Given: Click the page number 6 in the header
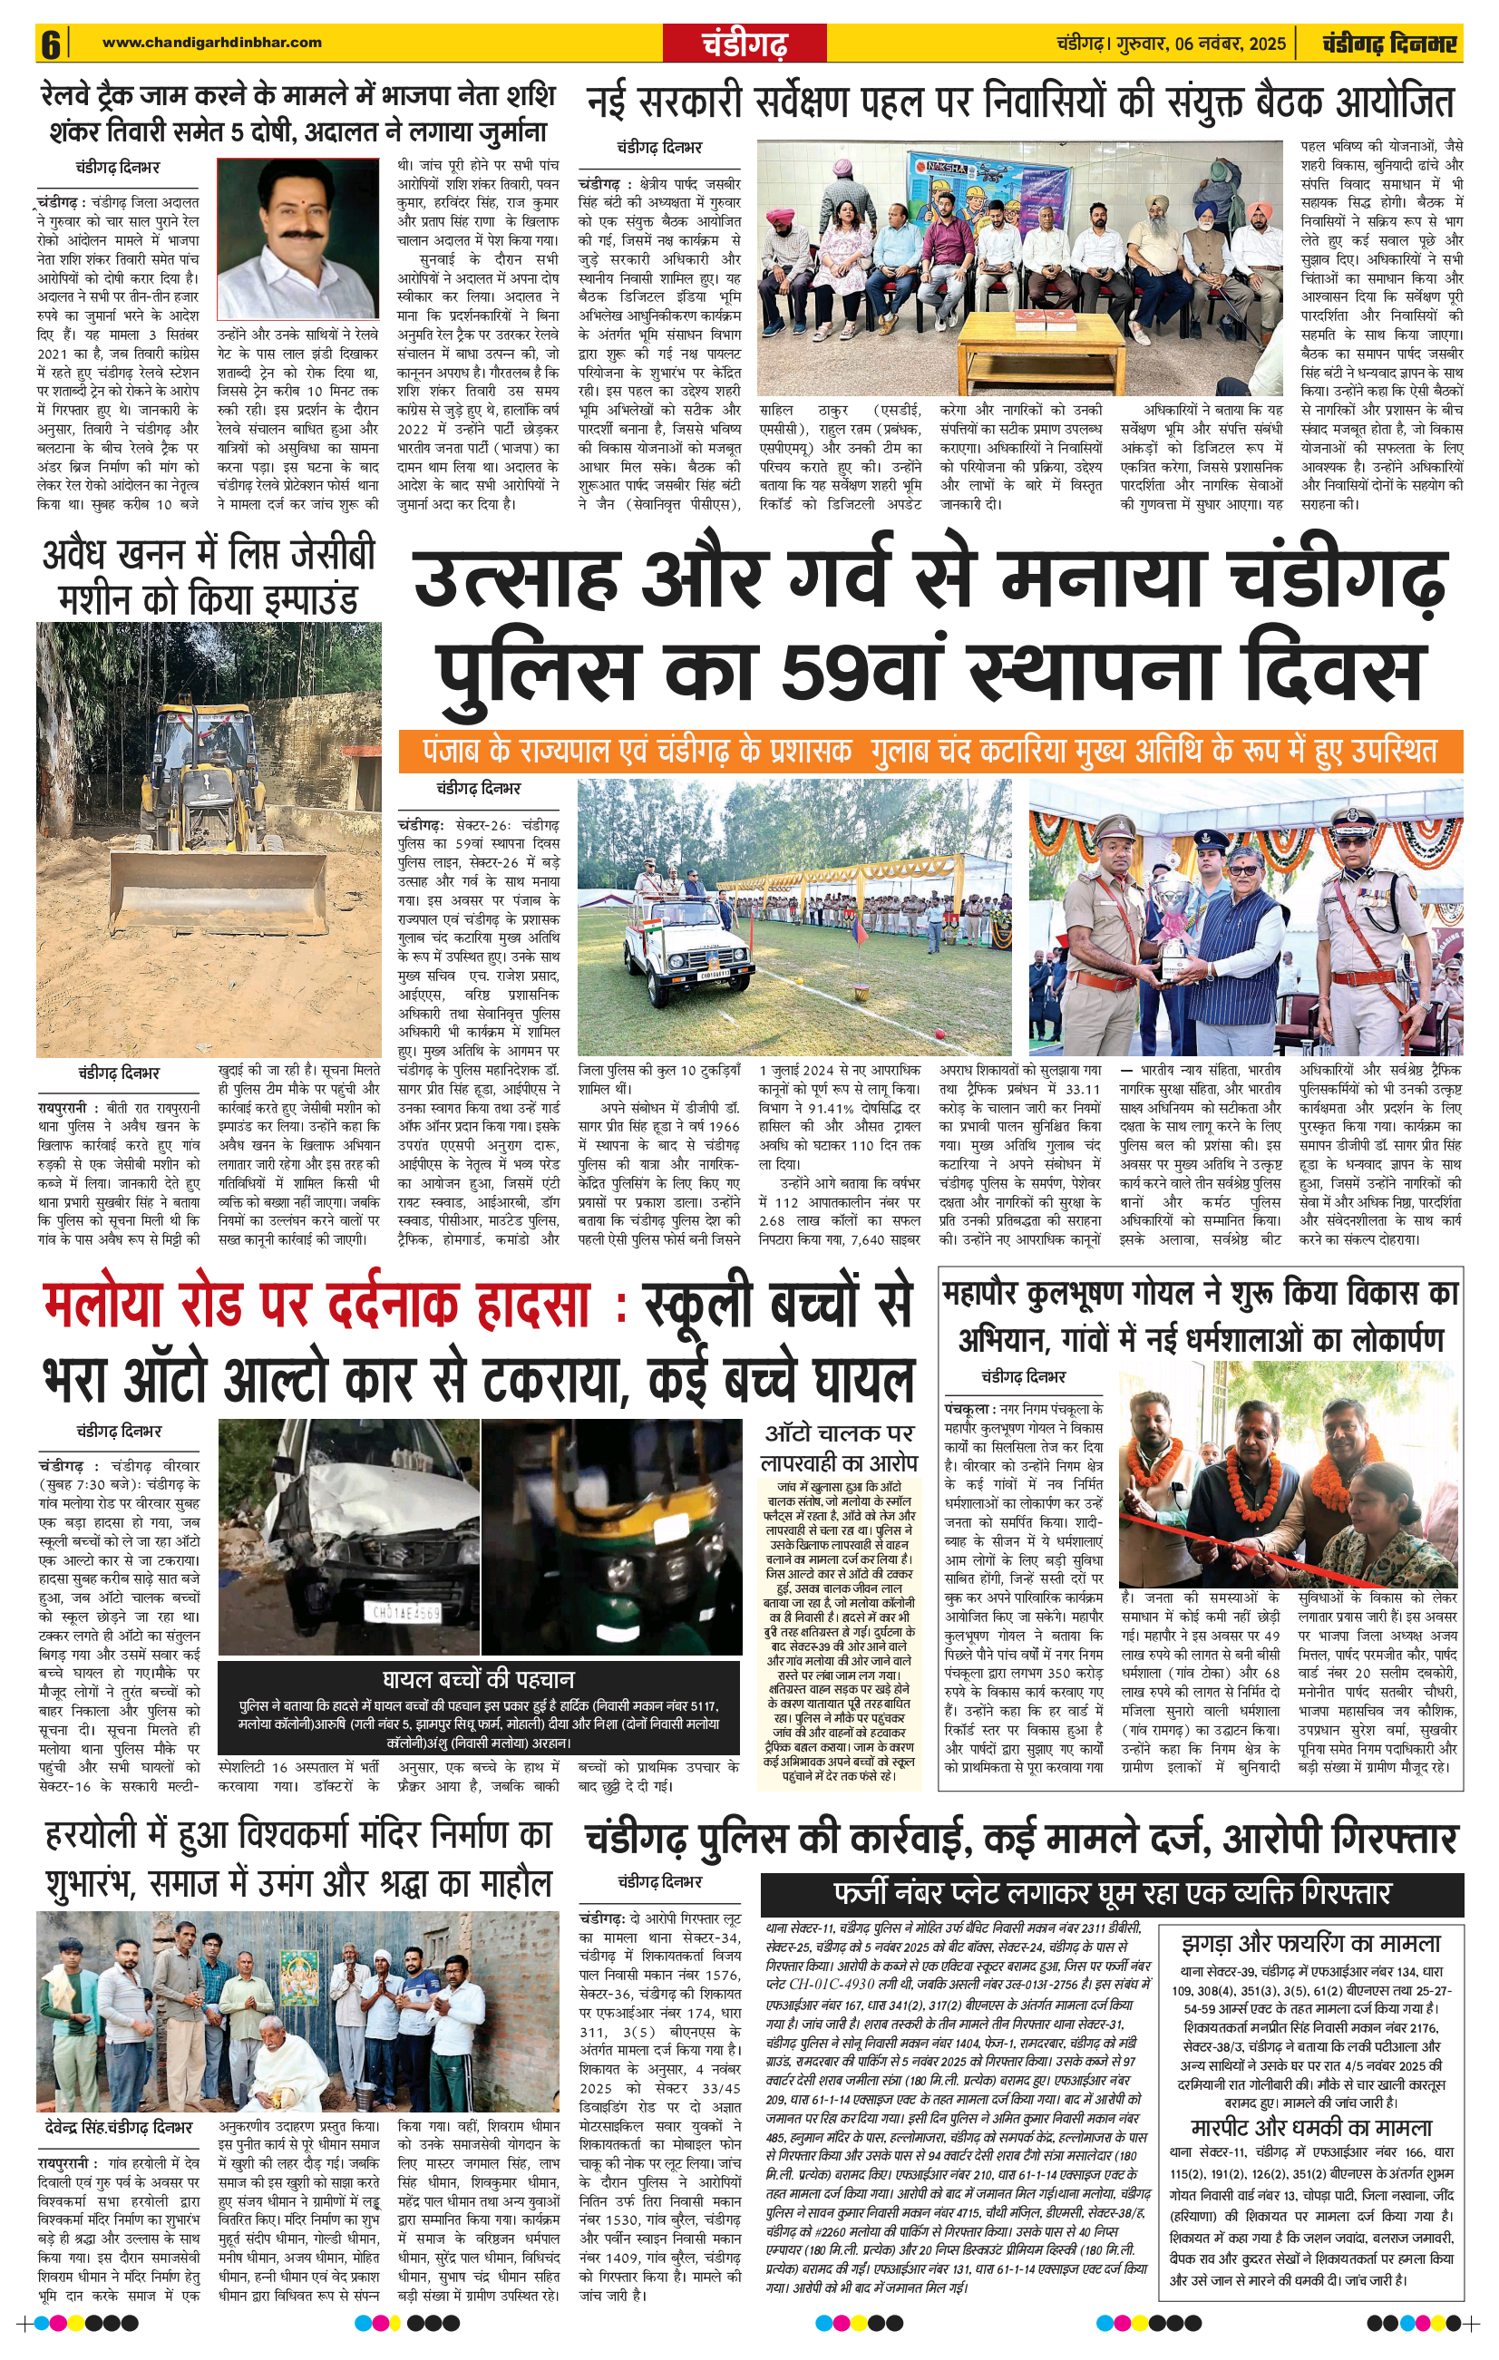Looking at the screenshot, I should point(50,44).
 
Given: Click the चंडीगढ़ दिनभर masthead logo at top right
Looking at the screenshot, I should point(1388,44).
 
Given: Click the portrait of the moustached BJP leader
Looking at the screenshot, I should point(298,238).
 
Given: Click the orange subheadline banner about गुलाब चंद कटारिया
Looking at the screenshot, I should point(930,751).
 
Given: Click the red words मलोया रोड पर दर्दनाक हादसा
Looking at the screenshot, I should point(317,1307).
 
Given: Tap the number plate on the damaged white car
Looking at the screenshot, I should point(403,1610).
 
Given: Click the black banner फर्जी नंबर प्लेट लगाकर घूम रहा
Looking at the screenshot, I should point(1111,1890).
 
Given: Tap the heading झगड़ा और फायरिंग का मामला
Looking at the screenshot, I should point(1310,1945).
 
